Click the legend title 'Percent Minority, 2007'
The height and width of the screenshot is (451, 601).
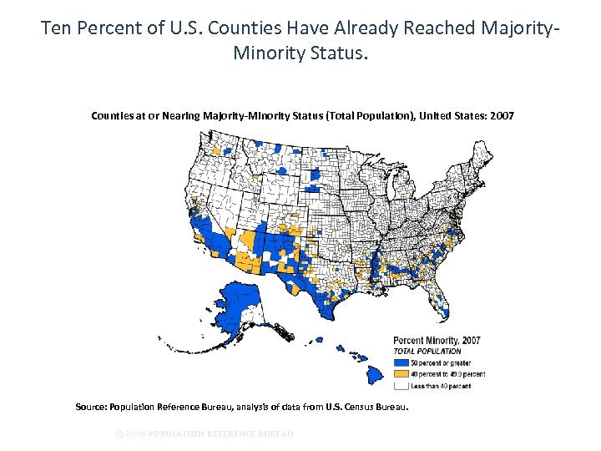[437, 341]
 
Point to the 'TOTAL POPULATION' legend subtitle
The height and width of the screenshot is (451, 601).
[427, 352]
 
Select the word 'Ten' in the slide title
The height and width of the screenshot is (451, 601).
[57, 28]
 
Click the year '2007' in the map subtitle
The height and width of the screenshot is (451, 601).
[503, 115]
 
